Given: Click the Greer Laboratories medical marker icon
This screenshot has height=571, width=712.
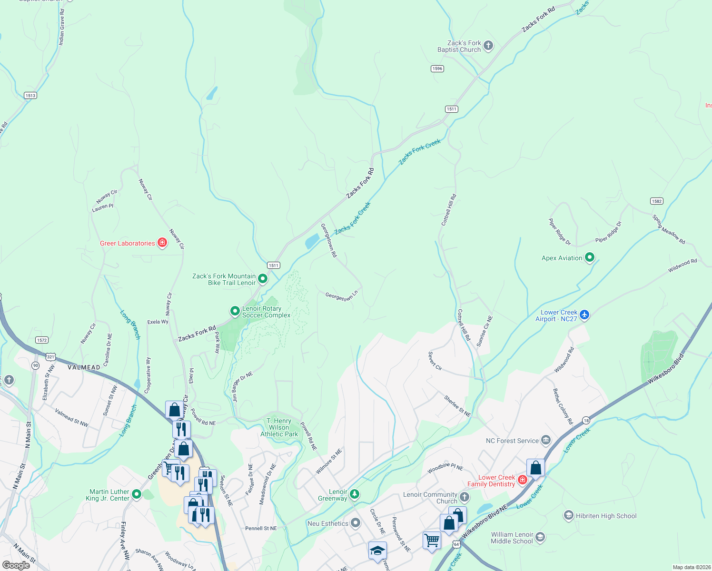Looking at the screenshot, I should point(162,243).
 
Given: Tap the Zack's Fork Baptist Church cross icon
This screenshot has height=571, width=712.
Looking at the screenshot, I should point(488,46).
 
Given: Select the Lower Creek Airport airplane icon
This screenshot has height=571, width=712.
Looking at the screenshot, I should point(584,315).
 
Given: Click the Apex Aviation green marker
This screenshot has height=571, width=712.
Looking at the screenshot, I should point(590,257).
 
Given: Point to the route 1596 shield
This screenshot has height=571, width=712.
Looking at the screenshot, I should point(437,69).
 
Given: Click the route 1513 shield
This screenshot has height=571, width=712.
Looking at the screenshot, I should point(30,96).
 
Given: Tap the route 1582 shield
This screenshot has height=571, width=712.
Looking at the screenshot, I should point(657,201).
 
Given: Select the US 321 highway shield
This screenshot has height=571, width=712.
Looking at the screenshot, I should point(51,357).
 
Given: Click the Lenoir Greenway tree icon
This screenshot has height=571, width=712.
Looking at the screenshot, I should point(354,495).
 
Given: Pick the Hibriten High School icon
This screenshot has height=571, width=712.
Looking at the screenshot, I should point(568,515).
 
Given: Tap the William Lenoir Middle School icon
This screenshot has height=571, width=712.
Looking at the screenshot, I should point(540,538).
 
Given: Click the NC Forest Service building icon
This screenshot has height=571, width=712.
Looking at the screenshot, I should point(546,440).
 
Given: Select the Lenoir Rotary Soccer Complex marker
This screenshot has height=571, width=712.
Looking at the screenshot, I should point(235,311).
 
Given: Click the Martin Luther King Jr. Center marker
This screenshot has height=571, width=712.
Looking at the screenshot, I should point(137,494).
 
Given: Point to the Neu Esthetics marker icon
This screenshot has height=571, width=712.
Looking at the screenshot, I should point(356,523).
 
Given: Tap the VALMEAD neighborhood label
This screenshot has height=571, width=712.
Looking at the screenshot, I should point(84,367).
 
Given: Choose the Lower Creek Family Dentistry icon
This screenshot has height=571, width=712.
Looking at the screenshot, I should point(523,480).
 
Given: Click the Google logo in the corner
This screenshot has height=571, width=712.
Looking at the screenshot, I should point(16,565).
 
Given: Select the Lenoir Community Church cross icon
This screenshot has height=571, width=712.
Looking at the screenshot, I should point(465,497).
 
